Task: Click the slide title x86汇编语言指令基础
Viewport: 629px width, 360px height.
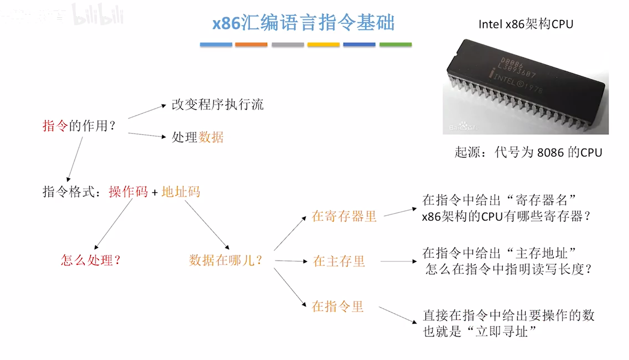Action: [303, 23]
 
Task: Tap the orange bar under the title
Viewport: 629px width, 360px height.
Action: [251, 44]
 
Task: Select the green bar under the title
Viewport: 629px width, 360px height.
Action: [395, 44]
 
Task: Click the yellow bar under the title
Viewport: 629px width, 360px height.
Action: [323, 44]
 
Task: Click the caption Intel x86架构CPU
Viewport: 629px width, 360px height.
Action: [526, 24]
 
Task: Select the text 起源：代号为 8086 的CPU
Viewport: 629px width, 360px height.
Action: [528, 152]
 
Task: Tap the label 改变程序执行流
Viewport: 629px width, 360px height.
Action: [218, 105]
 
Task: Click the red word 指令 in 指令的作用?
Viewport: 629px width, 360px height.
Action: [55, 126]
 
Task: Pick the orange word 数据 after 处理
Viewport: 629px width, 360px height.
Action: [211, 137]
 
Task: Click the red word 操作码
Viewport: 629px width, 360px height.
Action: [128, 192]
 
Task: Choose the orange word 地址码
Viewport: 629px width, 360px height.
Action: [181, 192]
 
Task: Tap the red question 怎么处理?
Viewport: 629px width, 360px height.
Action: [91, 260]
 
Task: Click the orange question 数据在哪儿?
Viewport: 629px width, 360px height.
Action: [225, 260]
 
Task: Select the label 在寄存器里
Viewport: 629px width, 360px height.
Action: [344, 216]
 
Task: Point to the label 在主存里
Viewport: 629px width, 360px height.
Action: [339, 261]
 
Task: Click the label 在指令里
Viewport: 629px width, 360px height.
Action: [337, 307]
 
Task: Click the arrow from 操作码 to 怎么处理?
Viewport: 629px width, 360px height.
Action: [113, 224]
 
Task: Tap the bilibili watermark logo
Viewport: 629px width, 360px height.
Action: [98, 15]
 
